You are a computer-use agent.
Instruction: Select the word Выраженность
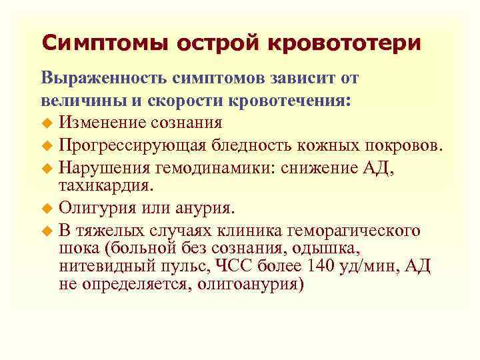click(105, 78)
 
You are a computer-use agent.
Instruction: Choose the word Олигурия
click(90, 208)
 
